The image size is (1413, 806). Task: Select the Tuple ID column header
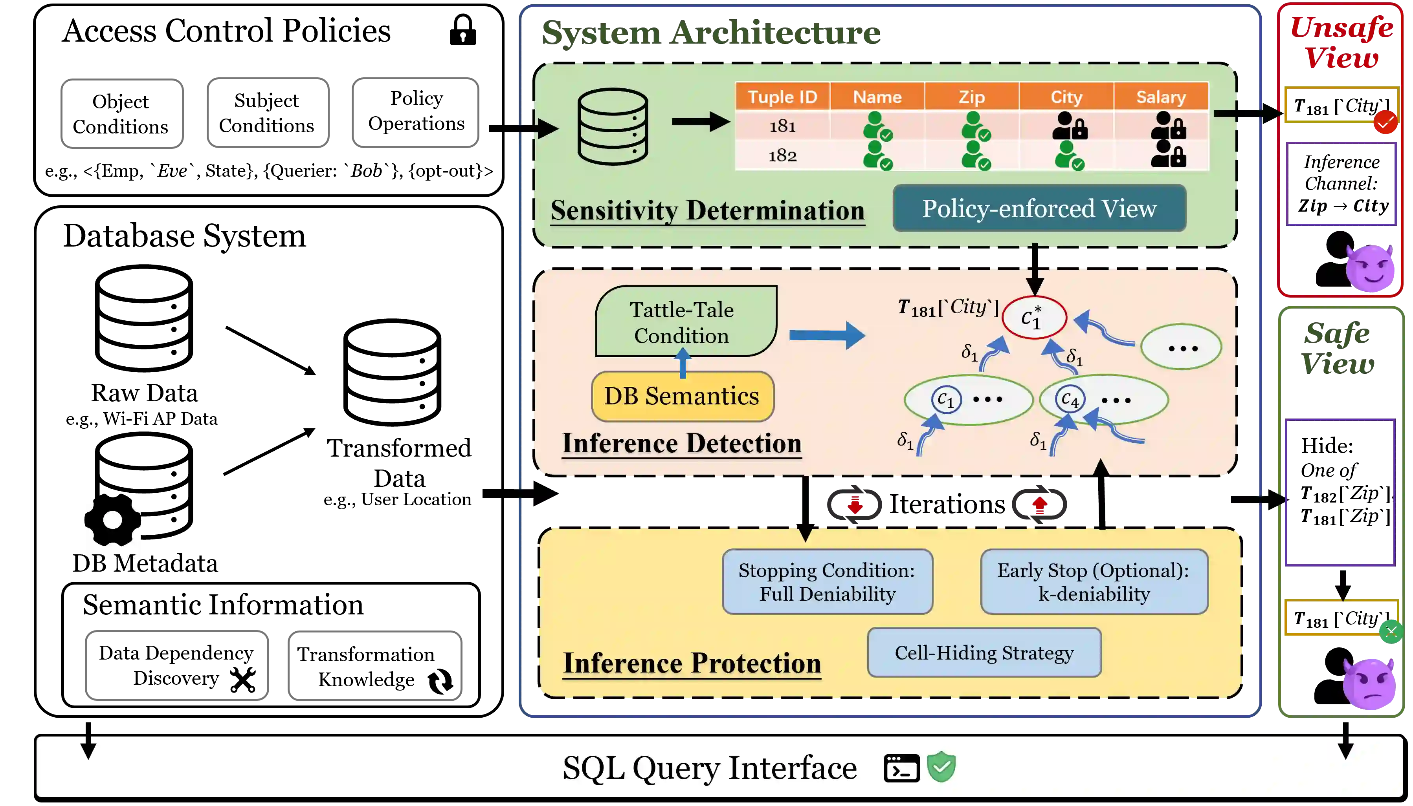point(782,97)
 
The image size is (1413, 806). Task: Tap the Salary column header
point(1161,97)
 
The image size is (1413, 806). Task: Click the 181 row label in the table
point(782,126)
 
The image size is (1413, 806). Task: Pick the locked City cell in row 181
point(1070,126)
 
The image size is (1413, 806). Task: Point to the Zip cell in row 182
point(975,155)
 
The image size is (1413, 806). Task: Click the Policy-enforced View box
point(1039,208)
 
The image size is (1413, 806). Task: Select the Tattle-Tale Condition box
point(685,322)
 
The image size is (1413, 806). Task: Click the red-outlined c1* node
point(1033,318)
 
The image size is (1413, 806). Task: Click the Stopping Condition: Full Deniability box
point(827,582)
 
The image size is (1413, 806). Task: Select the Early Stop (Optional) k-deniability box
point(1094,582)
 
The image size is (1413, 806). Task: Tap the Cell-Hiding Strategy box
point(984,652)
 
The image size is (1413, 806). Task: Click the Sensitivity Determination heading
point(707,211)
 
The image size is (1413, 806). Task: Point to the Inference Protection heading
point(692,663)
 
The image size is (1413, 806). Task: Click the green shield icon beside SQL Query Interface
point(941,767)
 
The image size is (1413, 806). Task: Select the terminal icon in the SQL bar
point(901,768)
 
